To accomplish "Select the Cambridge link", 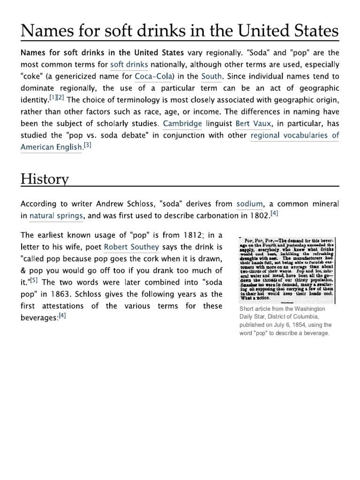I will click(183, 124).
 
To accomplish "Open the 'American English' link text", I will click(51, 148).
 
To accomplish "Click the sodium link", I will click(250, 204).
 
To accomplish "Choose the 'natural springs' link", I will click(56, 216).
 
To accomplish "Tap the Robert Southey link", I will click(129, 247).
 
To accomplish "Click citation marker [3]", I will click(88, 145).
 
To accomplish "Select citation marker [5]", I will click(34, 281).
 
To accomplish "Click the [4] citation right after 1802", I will click(275, 214).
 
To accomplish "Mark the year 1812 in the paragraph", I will click(173, 234).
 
